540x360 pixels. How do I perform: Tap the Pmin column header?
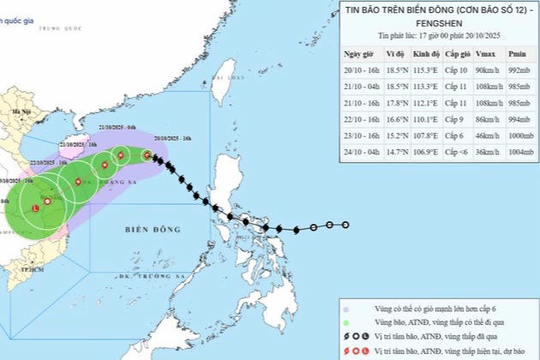(513, 53)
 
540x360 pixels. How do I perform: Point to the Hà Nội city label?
(15, 112)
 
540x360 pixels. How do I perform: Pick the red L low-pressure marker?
(35, 208)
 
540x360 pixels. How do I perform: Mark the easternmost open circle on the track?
(345, 225)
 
